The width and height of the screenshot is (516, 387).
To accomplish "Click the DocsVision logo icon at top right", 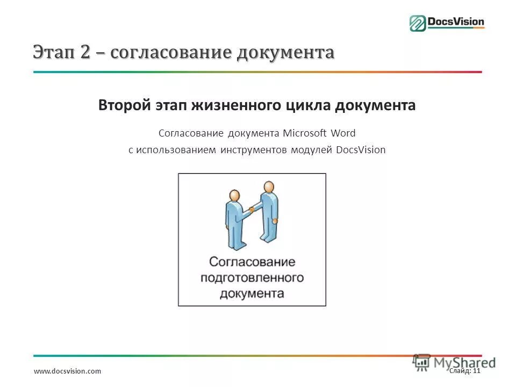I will click(x=418, y=23).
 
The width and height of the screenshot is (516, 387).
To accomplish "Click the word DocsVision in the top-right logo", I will click(x=456, y=23).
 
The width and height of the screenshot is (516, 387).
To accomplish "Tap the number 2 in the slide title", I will click(x=85, y=52).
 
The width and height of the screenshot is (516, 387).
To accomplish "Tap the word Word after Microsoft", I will click(x=342, y=133).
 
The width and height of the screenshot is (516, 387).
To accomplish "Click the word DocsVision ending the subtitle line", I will click(x=361, y=150).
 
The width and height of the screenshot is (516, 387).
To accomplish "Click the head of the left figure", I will click(x=234, y=196).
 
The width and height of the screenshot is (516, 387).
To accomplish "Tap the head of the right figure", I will click(x=269, y=187).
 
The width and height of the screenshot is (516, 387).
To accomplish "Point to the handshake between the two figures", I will click(x=250, y=209).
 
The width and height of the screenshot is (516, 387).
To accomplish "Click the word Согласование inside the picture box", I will click(x=252, y=262).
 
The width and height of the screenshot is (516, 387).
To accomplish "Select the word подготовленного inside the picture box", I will click(x=252, y=278).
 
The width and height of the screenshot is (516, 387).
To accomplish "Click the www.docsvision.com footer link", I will click(x=67, y=371).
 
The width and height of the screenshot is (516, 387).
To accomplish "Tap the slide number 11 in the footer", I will click(x=476, y=370).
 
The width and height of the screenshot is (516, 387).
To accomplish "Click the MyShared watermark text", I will click(x=465, y=362).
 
